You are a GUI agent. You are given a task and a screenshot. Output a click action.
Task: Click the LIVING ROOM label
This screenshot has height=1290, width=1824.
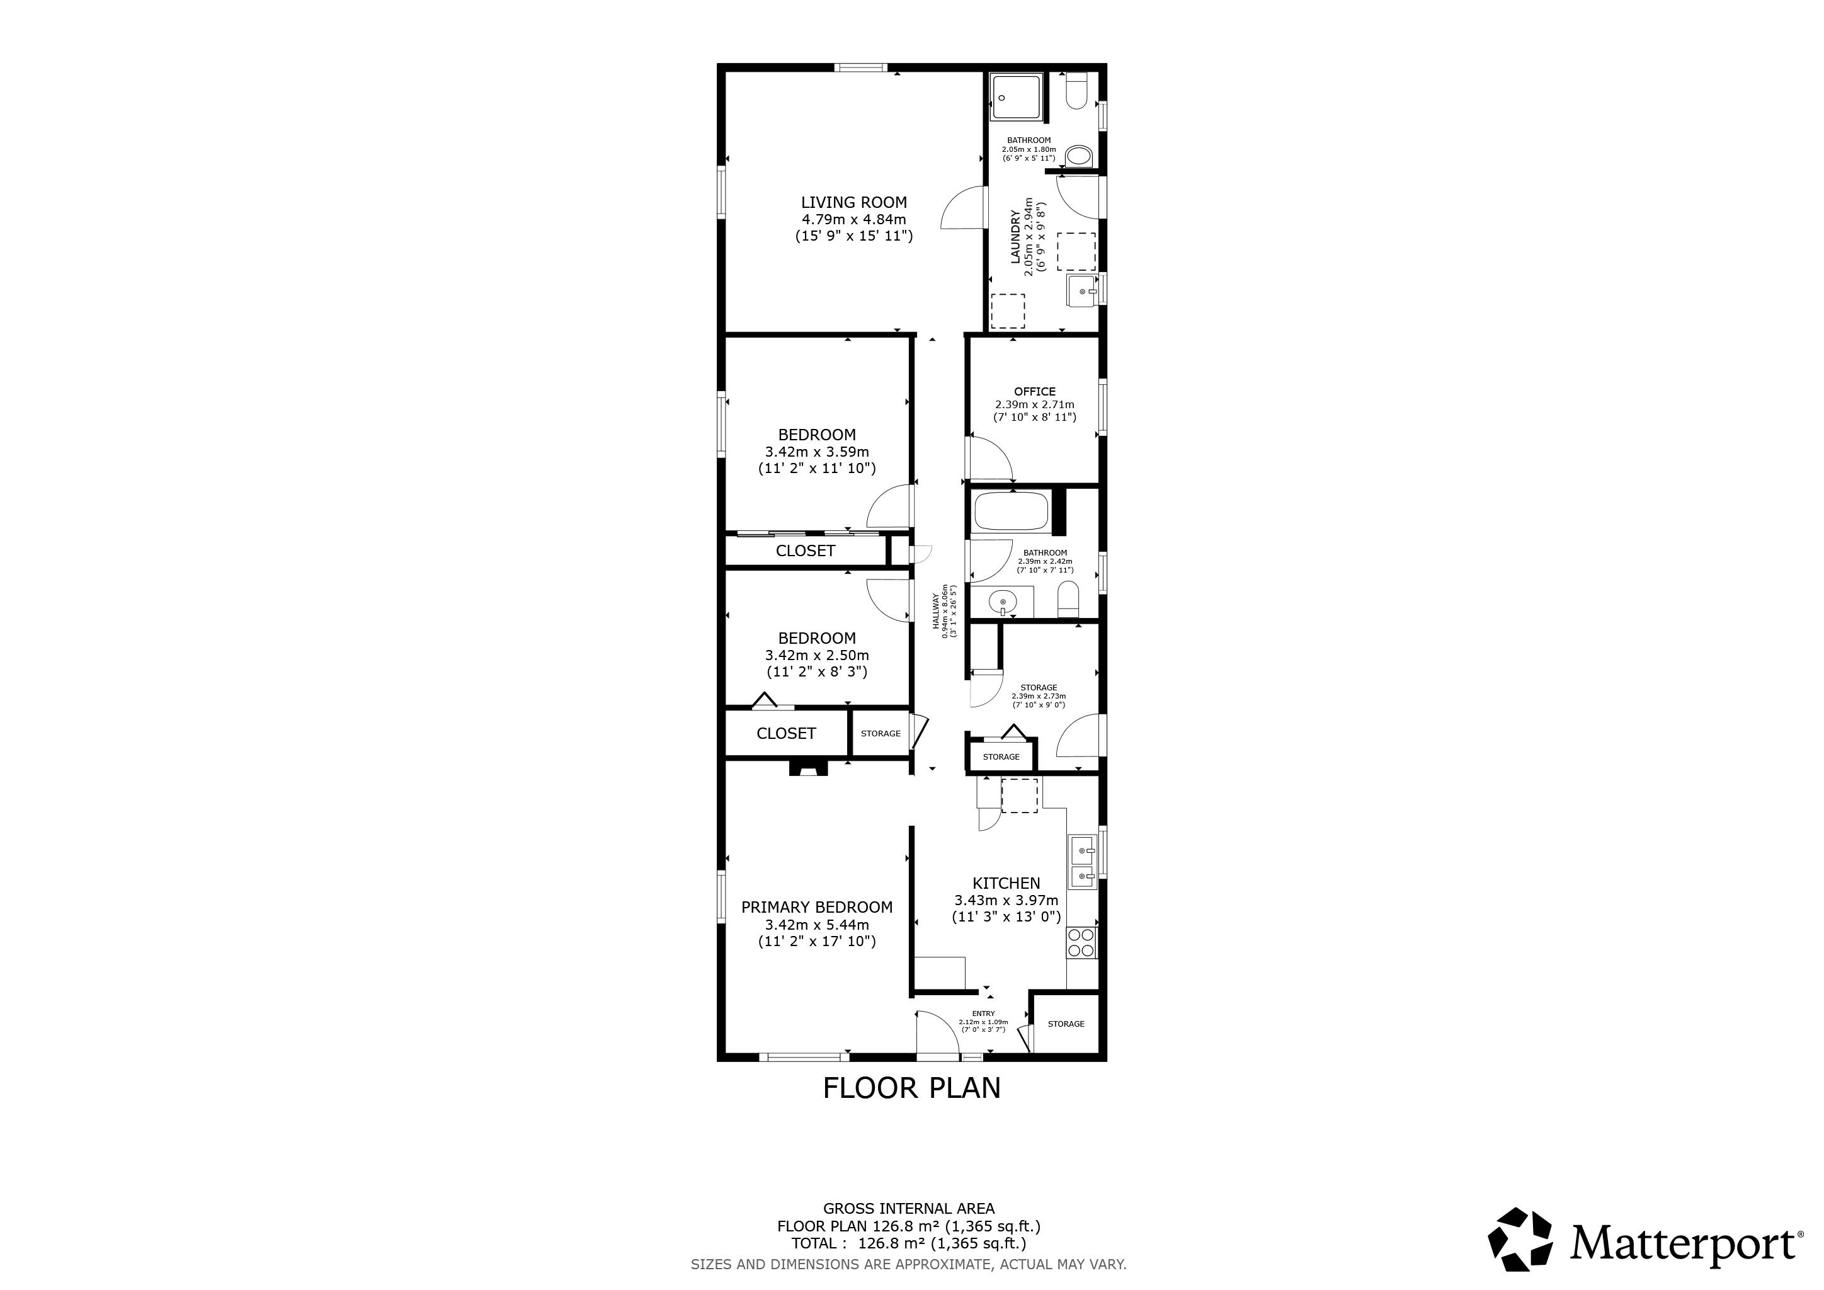[853, 203]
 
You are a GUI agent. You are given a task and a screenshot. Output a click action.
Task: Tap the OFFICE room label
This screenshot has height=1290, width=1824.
[1034, 392]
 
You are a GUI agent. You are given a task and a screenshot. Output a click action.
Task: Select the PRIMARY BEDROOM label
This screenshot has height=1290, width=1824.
[817, 907]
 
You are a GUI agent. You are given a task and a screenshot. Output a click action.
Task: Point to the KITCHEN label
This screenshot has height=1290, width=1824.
[1006, 883]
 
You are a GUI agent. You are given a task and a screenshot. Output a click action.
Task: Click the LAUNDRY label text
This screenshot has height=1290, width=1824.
[1015, 237]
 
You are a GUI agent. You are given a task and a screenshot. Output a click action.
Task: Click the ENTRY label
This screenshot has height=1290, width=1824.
[984, 1013]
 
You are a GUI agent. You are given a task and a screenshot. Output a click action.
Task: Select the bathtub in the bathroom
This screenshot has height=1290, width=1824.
[1012, 511]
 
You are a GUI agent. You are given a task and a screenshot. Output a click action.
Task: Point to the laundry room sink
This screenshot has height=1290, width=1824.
[1082, 291]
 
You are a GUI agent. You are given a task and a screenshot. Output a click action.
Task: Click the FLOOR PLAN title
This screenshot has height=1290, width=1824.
[911, 1087]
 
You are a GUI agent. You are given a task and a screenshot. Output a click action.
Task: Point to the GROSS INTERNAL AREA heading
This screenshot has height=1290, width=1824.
[909, 1209]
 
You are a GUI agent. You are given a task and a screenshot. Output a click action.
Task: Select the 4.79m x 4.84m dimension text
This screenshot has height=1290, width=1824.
[853, 219]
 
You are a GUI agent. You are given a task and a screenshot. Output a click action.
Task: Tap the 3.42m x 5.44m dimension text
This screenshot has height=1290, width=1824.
[817, 925]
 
